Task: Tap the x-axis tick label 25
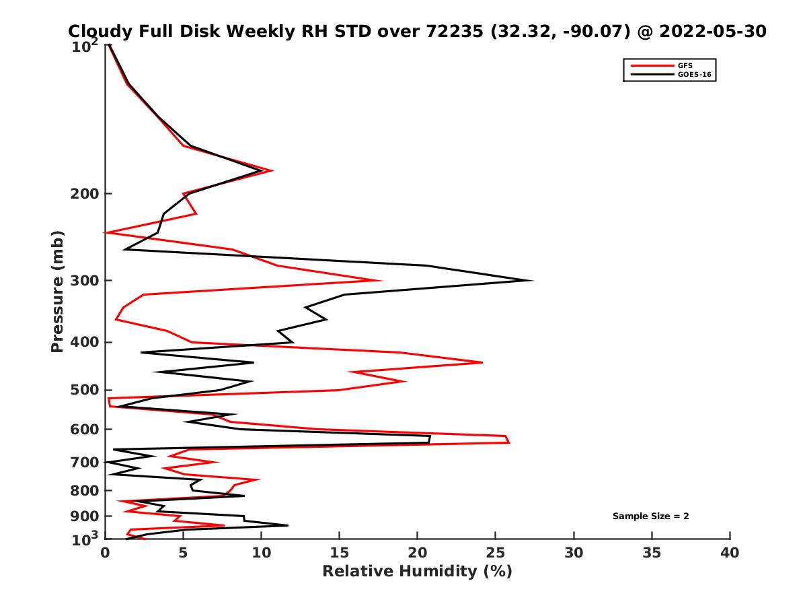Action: [x=496, y=553]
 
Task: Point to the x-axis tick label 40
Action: [x=730, y=553]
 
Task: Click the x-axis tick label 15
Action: [x=339, y=553]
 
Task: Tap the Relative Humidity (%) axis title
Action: [x=417, y=572]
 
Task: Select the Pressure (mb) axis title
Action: [x=57, y=292]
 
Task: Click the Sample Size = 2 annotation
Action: [x=650, y=516]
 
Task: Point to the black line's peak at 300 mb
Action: [x=533, y=281]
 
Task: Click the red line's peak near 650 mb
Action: [x=509, y=442]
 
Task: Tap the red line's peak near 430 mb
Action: [x=482, y=362]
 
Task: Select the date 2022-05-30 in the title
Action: [x=713, y=31]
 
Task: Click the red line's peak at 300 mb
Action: [x=381, y=281]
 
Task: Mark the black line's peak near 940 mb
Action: [x=288, y=525]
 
